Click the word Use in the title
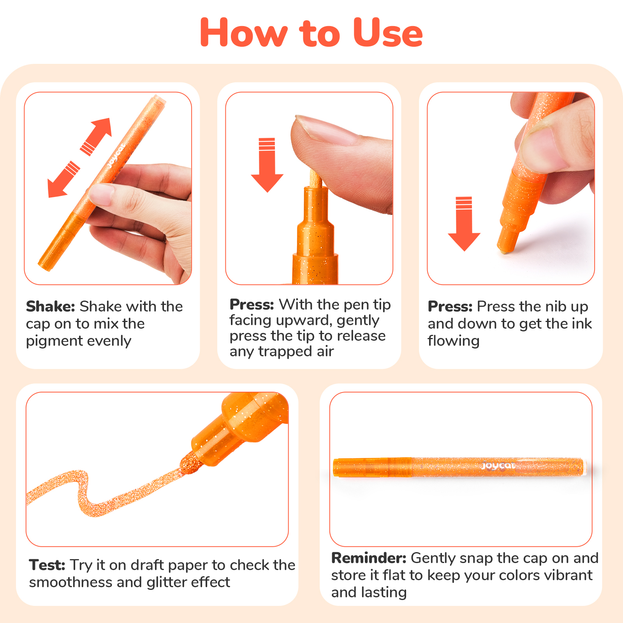[x=388, y=33]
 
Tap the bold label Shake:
[x=51, y=306]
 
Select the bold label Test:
[x=47, y=565]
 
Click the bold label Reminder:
[x=369, y=558]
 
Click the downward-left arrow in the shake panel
[x=63, y=180]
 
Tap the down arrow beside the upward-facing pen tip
[x=267, y=165]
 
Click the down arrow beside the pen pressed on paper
[x=464, y=224]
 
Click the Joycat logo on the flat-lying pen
[x=498, y=466]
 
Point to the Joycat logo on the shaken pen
[x=116, y=156]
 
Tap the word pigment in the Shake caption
[x=48, y=341]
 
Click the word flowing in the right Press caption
[x=454, y=341]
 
